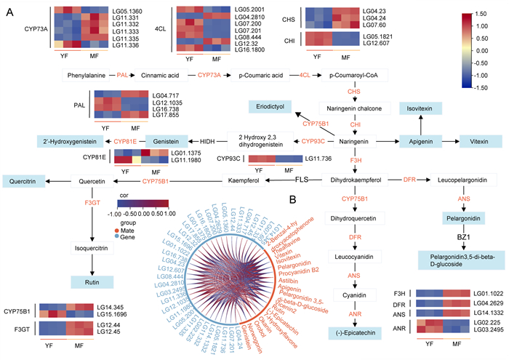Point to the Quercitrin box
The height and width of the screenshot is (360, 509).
pos(23,180)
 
